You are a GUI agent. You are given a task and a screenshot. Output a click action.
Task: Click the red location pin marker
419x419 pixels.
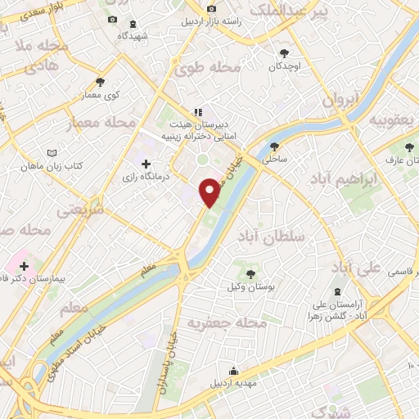pyautogui.click(x=210, y=192)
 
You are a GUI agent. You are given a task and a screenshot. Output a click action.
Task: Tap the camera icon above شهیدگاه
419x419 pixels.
pyautogui.click(x=112, y=20)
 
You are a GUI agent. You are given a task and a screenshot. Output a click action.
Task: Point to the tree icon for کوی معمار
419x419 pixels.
pyautogui.click(x=101, y=82)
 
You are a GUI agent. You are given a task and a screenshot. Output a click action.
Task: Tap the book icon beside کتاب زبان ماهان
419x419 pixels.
pyautogui.click(x=53, y=153)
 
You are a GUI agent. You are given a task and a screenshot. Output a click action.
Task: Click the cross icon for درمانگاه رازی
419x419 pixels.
pyautogui.click(x=146, y=164)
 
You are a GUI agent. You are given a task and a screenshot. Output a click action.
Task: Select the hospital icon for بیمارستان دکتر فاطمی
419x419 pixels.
pyautogui.click(x=24, y=266)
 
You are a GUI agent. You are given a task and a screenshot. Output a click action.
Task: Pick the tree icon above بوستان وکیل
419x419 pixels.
pyautogui.click(x=251, y=274)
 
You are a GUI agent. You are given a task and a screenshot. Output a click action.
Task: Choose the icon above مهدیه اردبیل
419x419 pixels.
pyautogui.click(x=234, y=371)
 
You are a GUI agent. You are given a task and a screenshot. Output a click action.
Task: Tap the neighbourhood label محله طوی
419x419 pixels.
pyautogui.click(x=200, y=67)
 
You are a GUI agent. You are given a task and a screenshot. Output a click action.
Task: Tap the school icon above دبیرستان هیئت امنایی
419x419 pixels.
pyautogui.click(x=197, y=112)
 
